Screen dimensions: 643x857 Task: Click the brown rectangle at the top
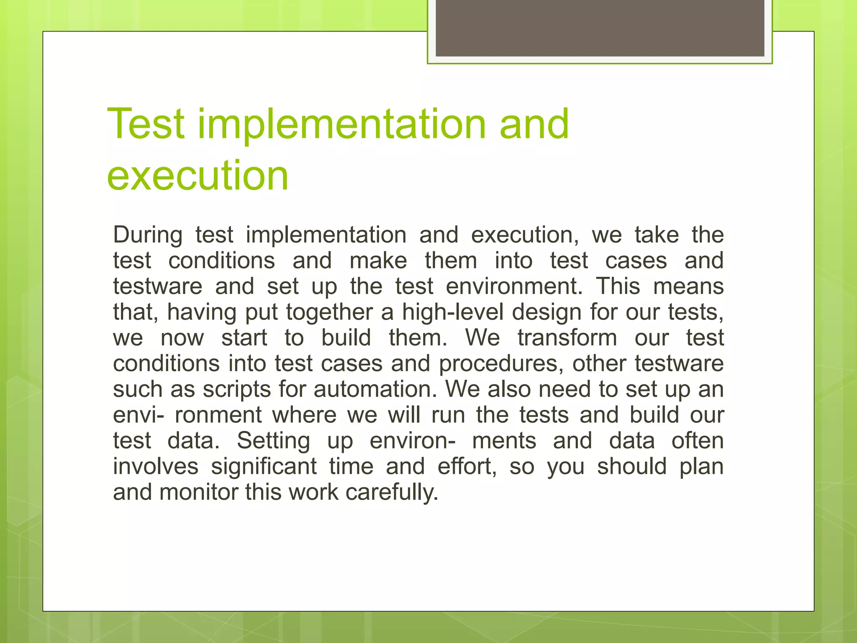click(600, 28)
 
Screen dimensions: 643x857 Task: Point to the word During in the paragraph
click(148, 235)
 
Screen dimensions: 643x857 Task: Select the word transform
click(567, 338)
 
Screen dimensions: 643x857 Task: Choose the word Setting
click(274, 441)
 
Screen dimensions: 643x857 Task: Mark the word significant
click(264, 466)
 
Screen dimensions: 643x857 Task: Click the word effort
click(467, 466)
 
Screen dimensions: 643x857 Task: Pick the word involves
click(156, 466)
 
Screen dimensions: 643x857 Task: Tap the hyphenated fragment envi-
click(139, 415)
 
